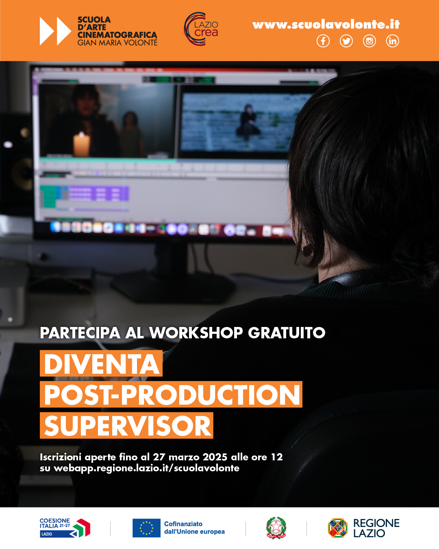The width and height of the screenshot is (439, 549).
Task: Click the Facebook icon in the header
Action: click(323, 41)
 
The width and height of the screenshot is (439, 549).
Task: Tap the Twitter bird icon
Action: click(346, 41)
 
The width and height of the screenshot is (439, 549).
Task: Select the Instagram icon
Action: click(369, 41)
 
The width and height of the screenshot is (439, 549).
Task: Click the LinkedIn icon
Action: click(392, 41)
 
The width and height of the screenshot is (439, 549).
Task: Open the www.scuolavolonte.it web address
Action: click(326, 24)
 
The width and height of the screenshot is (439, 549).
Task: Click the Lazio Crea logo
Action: click(201, 29)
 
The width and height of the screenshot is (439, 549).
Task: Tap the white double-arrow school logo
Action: click(55, 31)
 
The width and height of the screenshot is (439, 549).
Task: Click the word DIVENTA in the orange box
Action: click(102, 364)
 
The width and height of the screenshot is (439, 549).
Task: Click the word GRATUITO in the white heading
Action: click(287, 333)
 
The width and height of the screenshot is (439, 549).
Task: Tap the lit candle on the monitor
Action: click(81, 144)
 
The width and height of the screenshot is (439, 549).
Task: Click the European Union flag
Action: click(146, 528)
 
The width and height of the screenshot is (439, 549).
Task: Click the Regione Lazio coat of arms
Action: click(338, 528)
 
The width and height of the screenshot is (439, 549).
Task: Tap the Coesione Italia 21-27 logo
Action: click(65, 528)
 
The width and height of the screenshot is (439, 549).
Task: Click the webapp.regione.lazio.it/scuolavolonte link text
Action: click(146, 468)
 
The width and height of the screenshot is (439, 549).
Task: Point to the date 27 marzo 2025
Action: click(190, 457)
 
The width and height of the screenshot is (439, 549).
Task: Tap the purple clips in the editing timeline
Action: click(99, 194)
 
